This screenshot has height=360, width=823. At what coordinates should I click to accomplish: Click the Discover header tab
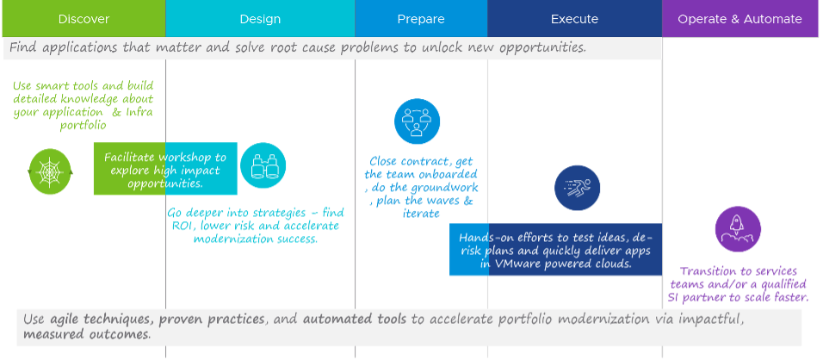pyautogui.click(x=84, y=19)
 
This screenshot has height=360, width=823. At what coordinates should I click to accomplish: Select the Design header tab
pyautogui.click(x=260, y=19)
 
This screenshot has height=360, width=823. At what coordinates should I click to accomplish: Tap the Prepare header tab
pyautogui.click(x=421, y=19)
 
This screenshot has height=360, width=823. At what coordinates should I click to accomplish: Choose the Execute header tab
pyautogui.click(x=574, y=19)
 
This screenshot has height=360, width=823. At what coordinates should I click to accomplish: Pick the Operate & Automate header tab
pyautogui.click(x=740, y=19)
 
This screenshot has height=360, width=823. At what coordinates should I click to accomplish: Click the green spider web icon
pyautogui.click(x=50, y=171)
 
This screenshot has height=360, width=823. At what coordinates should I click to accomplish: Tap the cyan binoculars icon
pyautogui.click(x=263, y=166)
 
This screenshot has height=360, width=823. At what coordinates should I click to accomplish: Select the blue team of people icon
pyautogui.click(x=417, y=121)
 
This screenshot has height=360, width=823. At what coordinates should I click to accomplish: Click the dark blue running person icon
pyautogui.click(x=578, y=188)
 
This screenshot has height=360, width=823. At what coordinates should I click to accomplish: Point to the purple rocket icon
pyautogui.click(x=738, y=229)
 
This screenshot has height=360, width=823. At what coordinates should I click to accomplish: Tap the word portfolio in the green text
pyautogui.click(x=84, y=126)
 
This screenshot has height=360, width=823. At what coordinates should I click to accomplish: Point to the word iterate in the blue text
pyautogui.click(x=421, y=214)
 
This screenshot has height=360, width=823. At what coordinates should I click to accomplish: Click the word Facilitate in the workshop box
pyautogui.click(x=130, y=158)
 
